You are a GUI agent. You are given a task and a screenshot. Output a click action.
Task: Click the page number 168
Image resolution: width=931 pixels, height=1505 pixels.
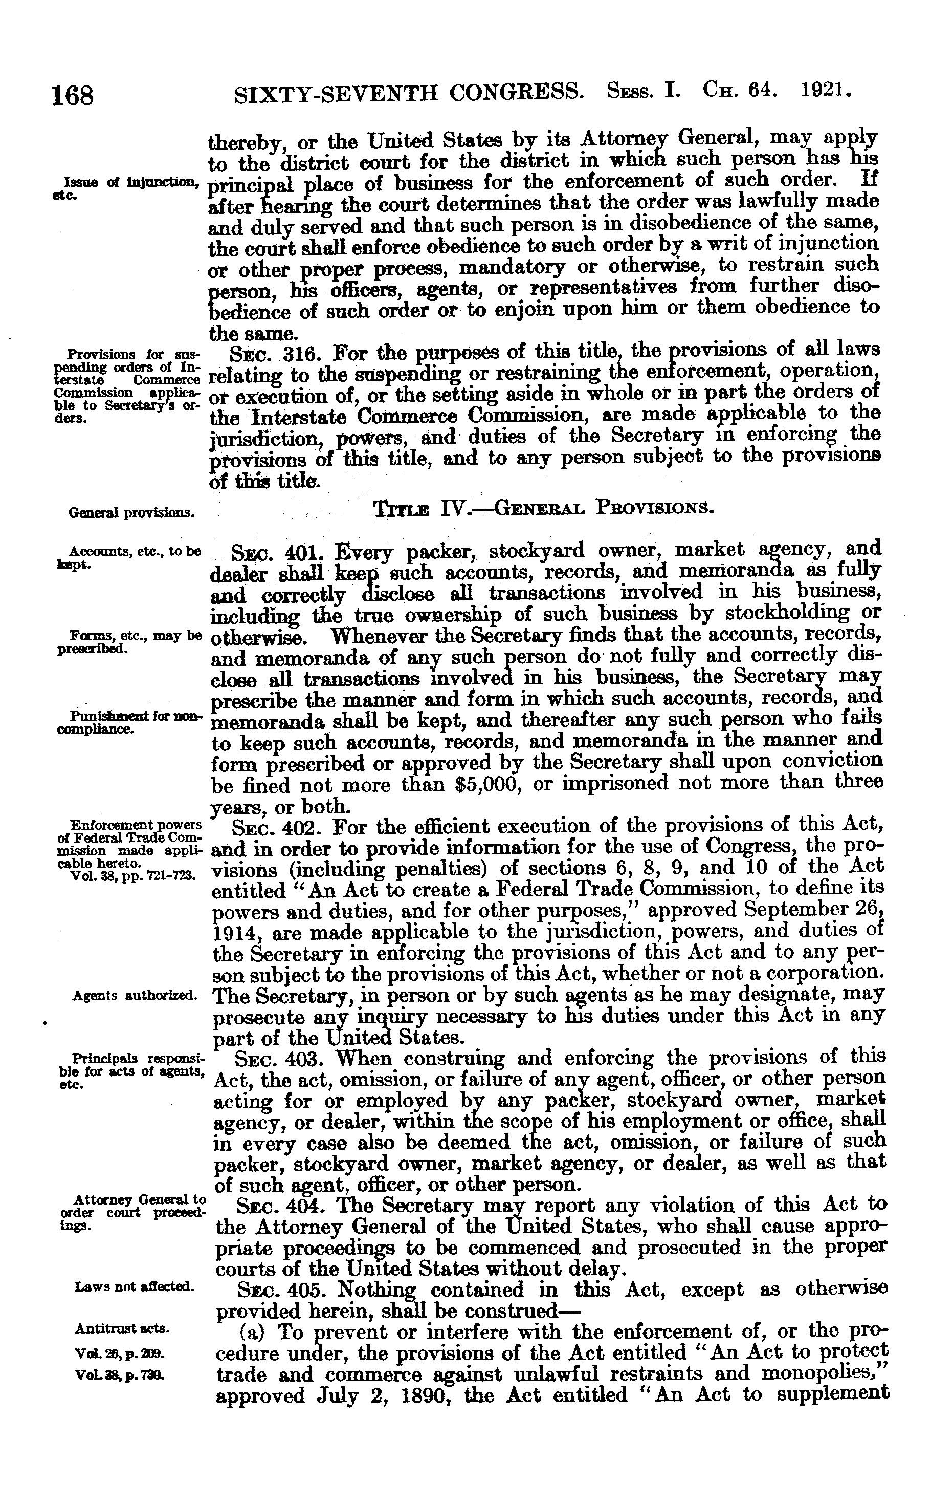72,96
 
